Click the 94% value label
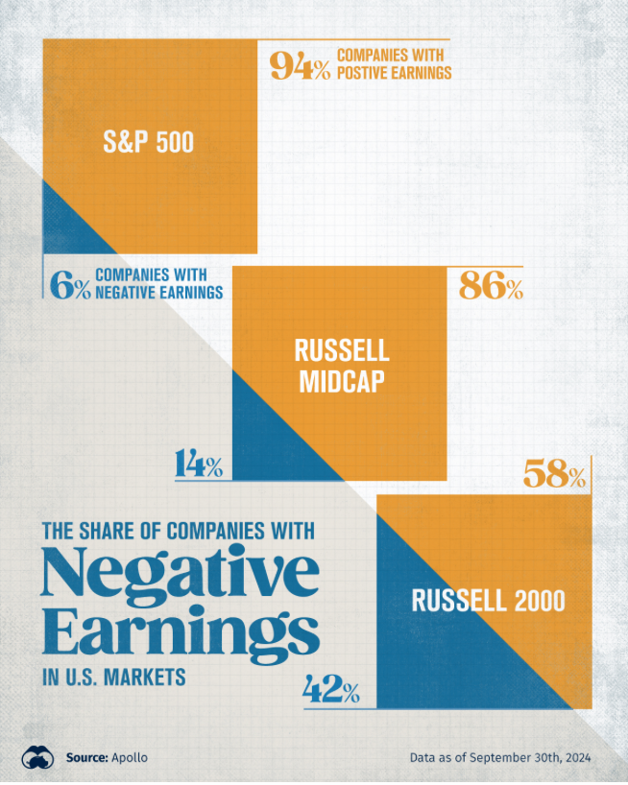coord(300,66)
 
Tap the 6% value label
coord(69,286)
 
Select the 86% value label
coord(491,286)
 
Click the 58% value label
coord(554,475)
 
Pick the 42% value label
coord(331,689)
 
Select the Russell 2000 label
coord(488,602)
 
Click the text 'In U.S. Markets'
coord(112,678)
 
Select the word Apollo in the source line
coord(130,758)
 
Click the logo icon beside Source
coord(36,757)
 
